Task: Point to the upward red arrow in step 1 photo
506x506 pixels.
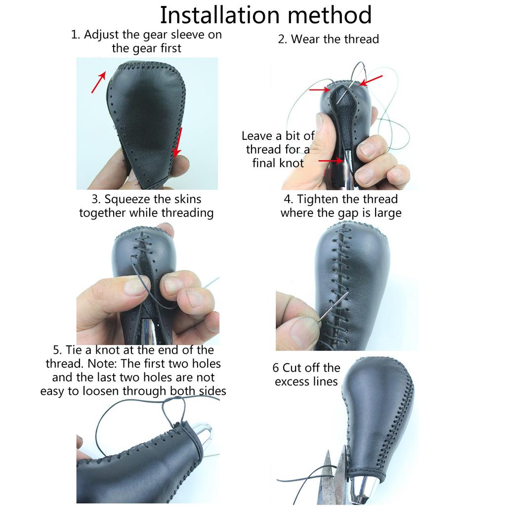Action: pyautogui.click(x=98, y=82)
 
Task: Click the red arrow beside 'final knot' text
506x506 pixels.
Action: pyautogui.click(x=331, y=161)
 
